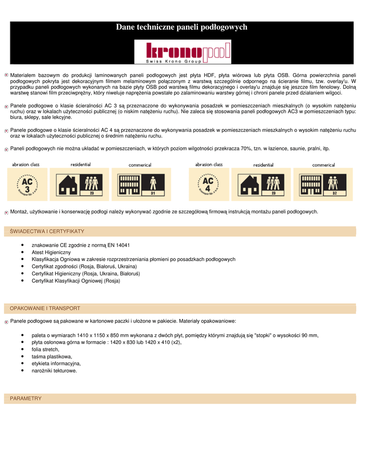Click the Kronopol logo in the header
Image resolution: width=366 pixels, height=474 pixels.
[x=182, y=51]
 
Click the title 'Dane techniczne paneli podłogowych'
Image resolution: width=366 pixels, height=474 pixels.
[x=182, y=27]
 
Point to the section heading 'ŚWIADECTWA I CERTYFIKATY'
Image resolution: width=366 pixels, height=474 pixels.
[x=47, y=231]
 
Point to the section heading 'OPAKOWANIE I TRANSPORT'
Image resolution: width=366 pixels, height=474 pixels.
[x=45, y=308]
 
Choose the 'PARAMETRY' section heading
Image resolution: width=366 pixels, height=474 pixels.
[x=26, y=398]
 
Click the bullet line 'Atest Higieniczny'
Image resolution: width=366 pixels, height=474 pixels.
[x=51, y=252]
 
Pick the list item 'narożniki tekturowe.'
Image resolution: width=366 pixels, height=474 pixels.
[x=54, y=370]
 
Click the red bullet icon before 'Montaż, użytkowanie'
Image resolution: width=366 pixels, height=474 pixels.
[x=6, y=212]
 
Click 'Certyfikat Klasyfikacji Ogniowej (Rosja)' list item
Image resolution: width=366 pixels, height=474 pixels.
[x=75, y=281]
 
